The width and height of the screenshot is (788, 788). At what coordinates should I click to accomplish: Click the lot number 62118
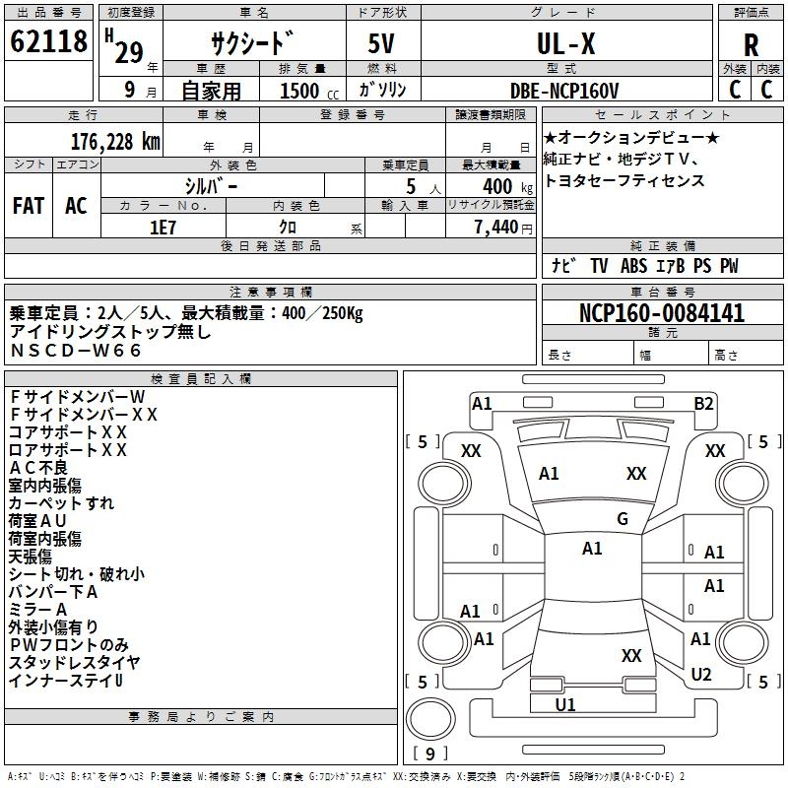click(48, 41)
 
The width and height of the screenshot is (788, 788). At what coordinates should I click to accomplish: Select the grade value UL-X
click(565, 43)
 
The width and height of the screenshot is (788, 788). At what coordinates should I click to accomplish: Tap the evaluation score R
click(751, 45)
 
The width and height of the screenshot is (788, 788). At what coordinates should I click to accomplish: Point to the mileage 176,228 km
click(115, 142)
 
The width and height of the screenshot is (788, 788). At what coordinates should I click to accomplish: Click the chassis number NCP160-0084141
click(662, 313)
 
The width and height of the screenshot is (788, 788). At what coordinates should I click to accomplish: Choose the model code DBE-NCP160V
click(564, 91)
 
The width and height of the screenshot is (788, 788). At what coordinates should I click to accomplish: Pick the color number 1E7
click(163, 228)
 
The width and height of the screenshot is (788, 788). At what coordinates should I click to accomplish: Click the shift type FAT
click(29, 206)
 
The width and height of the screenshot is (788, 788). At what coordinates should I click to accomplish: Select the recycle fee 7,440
click(496, 228)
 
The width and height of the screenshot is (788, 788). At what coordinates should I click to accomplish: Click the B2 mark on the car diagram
click(703, 404)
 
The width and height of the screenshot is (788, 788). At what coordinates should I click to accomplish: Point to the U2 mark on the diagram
click(701, 674)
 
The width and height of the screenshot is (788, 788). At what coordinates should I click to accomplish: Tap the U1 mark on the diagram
click(565, 704)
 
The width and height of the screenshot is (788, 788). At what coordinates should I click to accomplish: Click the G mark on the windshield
click(623, 518)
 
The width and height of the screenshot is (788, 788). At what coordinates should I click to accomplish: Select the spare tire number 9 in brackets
click(430, 754)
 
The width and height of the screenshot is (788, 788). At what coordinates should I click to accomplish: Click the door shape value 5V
click(381, 43)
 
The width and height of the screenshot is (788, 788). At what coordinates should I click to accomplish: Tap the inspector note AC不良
click(38, 468)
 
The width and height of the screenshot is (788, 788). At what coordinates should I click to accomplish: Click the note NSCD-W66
click(76, 351)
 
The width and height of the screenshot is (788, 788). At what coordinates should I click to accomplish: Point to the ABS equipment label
click(633, 266)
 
